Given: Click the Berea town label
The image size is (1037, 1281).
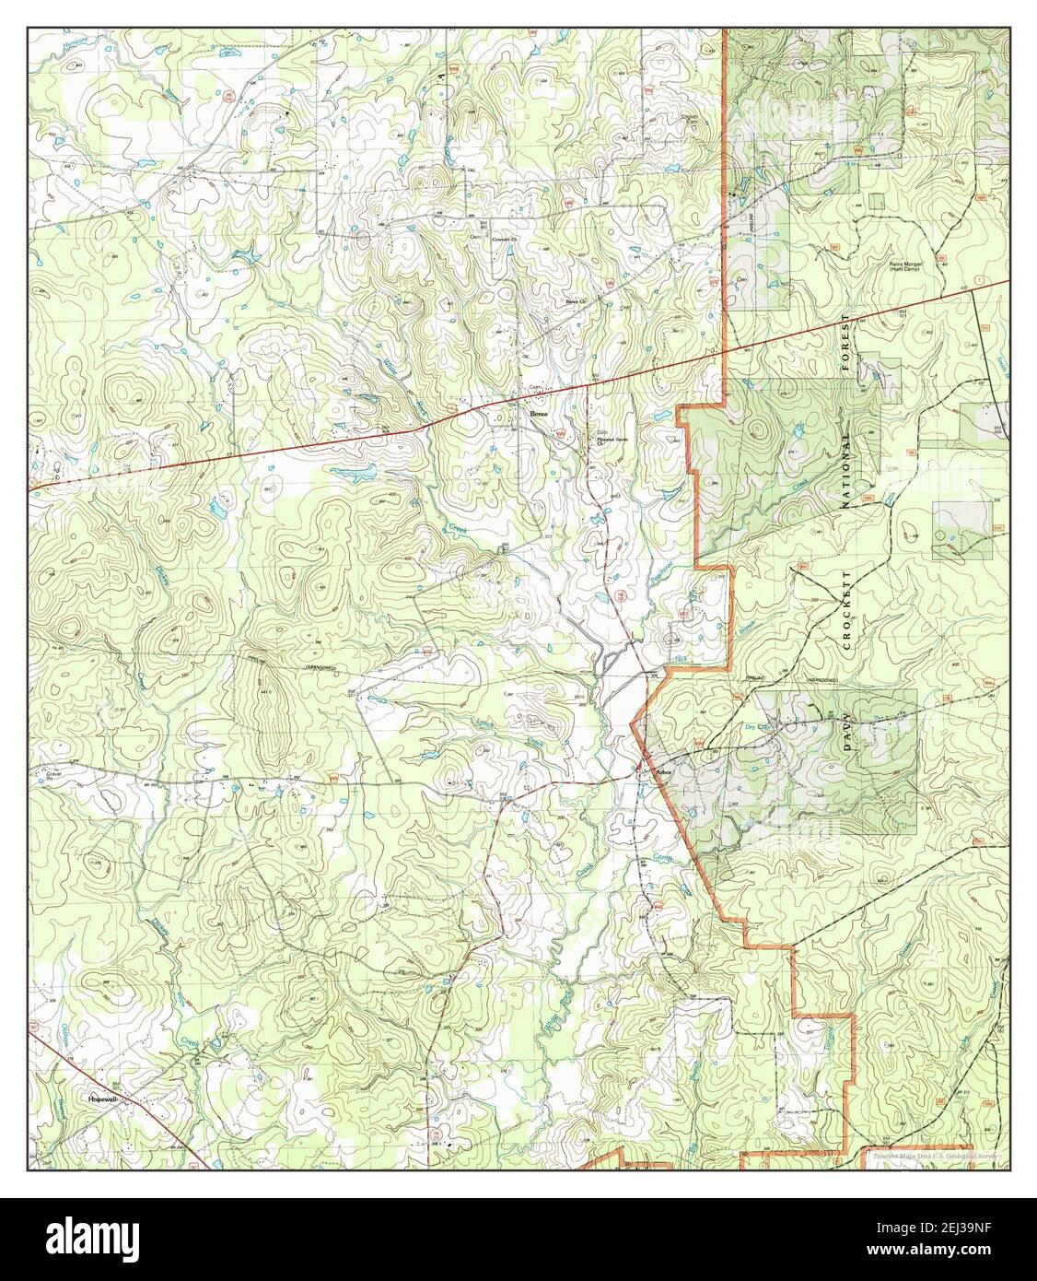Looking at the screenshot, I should click(539, 416).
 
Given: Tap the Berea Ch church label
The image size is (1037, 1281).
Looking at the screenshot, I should click(577, 300).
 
